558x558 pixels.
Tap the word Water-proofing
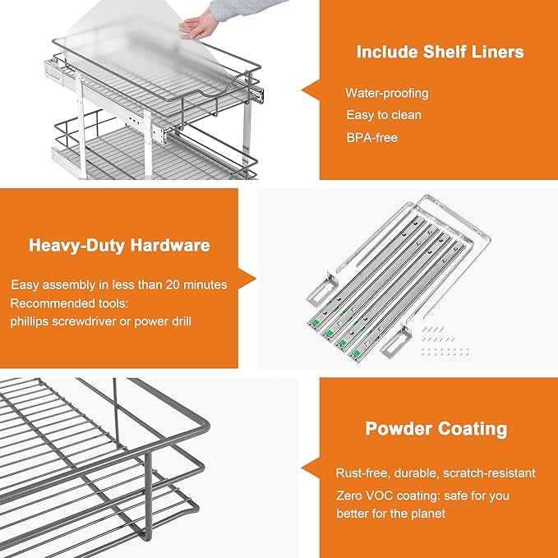click(x=386, y=93)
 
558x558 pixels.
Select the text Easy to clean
click(x=383, y=115)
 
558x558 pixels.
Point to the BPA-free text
click(x=371, y=137)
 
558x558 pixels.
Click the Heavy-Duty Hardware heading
click(x=119, y=245)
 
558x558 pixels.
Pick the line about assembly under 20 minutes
click(x=119, y=284)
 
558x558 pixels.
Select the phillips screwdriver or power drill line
click(x=101, y=321)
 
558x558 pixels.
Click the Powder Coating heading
click(x=436, y=429)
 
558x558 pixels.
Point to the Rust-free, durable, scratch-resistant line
click(x=436, y=473)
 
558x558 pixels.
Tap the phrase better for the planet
click(x=390, y=514)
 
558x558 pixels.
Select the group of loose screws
click(x=444, y=339)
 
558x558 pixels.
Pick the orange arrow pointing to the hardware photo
click(x=247, y=279)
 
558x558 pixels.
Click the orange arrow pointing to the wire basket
click(x=310, y=468)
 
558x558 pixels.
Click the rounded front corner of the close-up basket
click(x=201, y=427)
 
